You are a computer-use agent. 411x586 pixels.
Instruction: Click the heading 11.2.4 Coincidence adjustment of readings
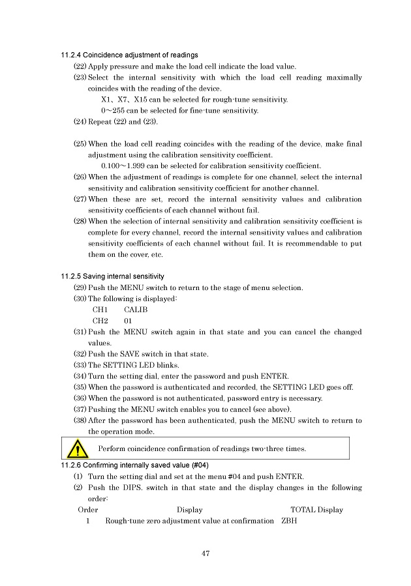[x=129, y=55]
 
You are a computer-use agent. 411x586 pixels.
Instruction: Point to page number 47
[x=205, y=553]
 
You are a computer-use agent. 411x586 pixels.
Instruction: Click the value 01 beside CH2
[x=129, y=321]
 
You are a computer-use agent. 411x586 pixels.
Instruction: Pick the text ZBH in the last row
[x=288, y=521]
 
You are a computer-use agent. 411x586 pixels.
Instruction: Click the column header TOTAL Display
[x=316, y=510]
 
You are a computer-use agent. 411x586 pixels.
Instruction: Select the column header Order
[x=88, y=510]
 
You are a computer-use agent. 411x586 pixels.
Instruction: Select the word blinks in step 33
[x=160, y=365]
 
